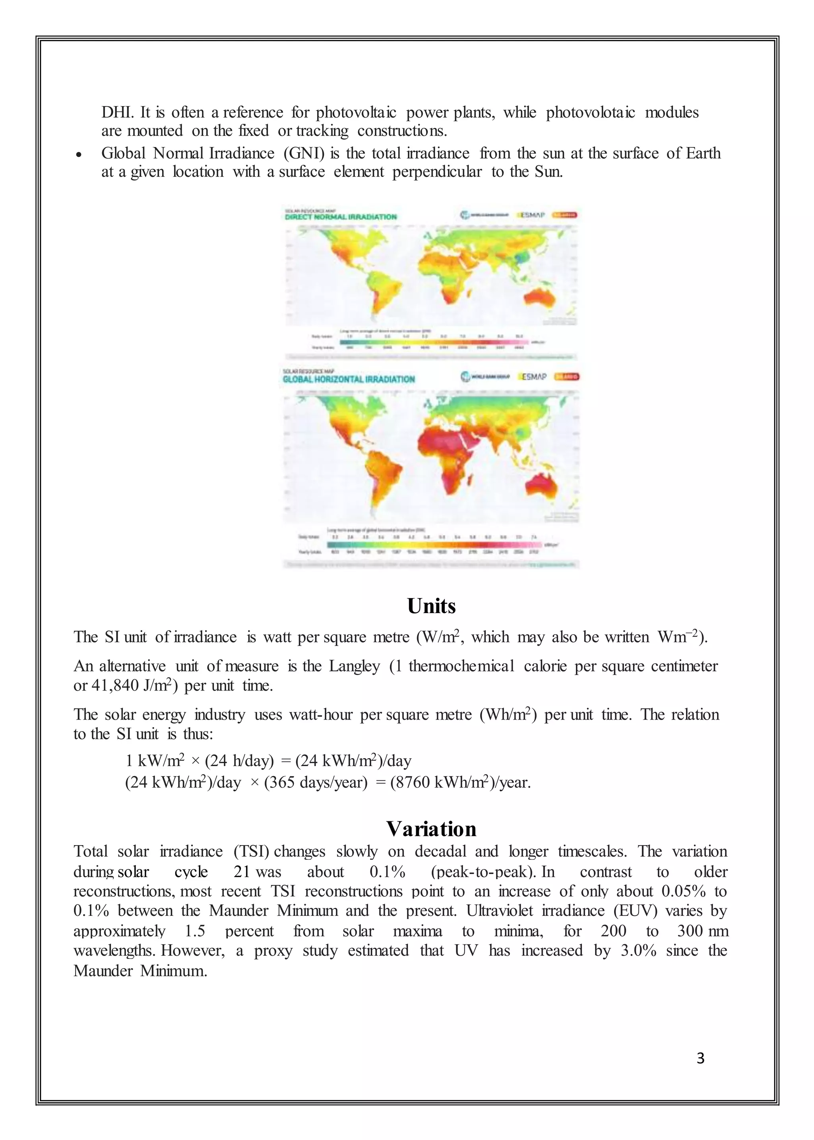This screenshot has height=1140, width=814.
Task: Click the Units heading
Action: (431, 606)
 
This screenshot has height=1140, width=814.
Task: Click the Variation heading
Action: (431, 829)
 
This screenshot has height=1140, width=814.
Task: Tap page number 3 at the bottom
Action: (701, 1058)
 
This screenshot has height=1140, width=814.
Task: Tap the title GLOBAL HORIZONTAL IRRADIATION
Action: (349, 379)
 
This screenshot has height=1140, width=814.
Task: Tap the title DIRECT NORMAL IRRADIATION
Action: (341, 217)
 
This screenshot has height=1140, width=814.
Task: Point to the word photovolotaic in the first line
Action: (590, 112)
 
